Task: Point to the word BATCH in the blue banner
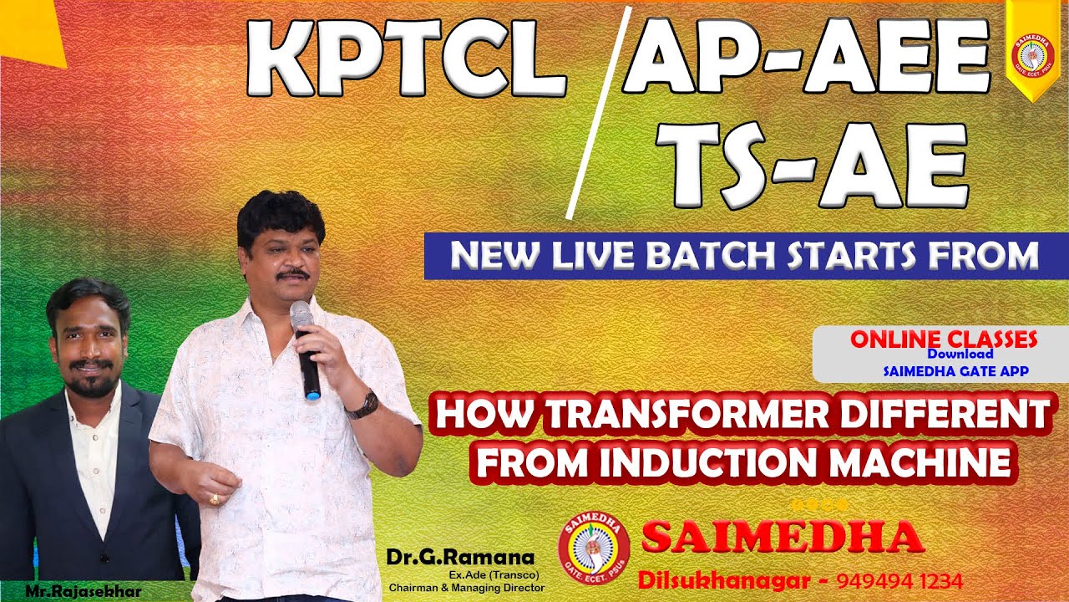(x=708, y=256)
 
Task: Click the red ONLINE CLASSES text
(x=944, y=339)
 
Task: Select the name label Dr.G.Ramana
(x=459, y=557)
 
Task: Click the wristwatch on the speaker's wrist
(x=363, y=406)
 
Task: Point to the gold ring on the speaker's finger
(x=215, y=499)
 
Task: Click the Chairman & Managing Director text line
(x=467, y=587)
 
